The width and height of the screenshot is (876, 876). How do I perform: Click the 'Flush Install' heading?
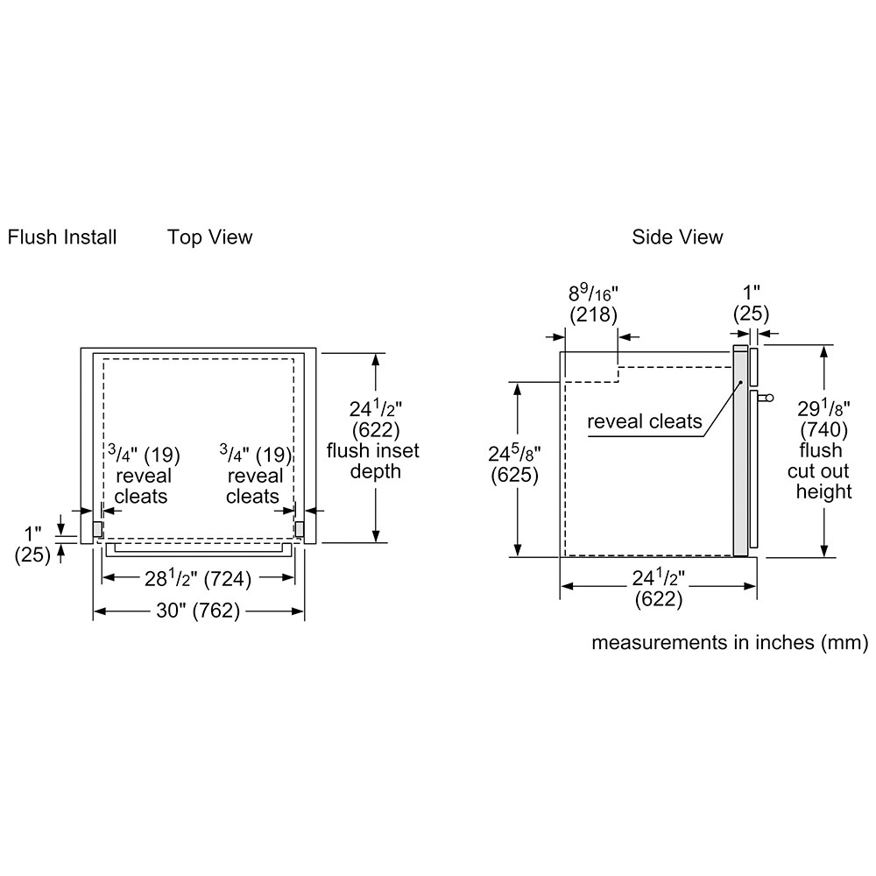pyautogui.click(x=62, y=237)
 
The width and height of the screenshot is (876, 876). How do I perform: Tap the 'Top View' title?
pyautogui.click(x=210, y=237)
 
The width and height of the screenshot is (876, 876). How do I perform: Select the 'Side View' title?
pyautogui.click(x=678, y=237)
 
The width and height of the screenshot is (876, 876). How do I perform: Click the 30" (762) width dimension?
pyautogui.click(x=198, y=612)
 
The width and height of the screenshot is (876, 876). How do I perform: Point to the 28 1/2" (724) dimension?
pyautogui.click(x=197, y=578)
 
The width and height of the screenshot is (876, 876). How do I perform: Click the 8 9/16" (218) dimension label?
pyautogui.click(x=593, y=303)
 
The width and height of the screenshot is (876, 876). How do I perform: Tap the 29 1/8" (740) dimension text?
pyautogui.click(x=824, y=419)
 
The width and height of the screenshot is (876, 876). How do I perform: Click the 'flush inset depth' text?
pyautogui.click(x=374, y=461)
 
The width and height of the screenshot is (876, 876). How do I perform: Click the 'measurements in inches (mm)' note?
pyautogui.click(x=730, y=644)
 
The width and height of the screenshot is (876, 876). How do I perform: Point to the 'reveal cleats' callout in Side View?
pyautogui.click(x=645, y=422)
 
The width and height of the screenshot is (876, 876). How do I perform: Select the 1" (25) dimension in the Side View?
pyautogui.click(x=750, y=303)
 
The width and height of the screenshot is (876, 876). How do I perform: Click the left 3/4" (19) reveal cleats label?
pyautogui.click(x=143, y=475)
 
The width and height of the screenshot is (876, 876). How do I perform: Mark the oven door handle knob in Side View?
pyautogui.click(x=768, y=399)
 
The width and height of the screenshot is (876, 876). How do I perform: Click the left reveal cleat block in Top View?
pyautogui.click(x=98, y=529)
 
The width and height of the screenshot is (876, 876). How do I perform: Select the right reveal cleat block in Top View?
pyautogui.click(x=299, y=529)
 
